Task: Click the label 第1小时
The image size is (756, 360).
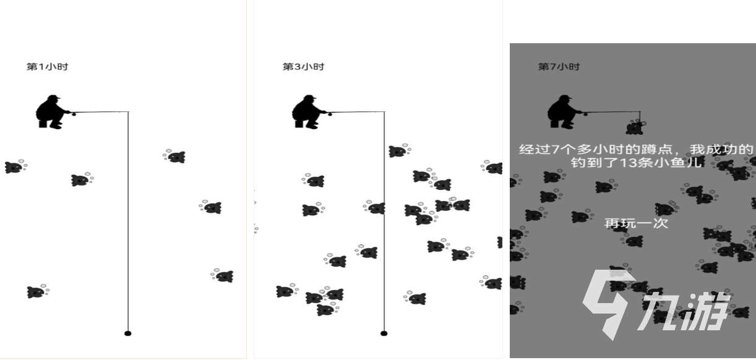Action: (47, 67)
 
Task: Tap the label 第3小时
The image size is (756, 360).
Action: (303, 67)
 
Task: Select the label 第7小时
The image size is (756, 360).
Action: (559, 67)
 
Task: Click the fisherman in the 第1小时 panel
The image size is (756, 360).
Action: (52, 112)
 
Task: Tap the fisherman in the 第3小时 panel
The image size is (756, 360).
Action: (308, 112)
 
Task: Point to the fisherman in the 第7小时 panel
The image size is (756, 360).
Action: (564, 112)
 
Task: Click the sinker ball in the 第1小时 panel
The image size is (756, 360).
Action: (128, 333)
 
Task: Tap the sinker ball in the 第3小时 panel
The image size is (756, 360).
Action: (384, 333)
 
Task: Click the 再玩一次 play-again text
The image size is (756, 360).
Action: (636, 223)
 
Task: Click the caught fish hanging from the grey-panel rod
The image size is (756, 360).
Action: (635, 127)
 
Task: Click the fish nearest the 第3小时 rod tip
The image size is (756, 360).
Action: (398, 151)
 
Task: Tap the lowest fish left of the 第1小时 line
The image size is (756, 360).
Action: (37, 292)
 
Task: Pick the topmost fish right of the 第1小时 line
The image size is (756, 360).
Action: (176, 156)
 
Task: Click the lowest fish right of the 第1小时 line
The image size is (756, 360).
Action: (223, 276)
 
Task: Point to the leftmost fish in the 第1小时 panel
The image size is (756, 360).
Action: (14, 167)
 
